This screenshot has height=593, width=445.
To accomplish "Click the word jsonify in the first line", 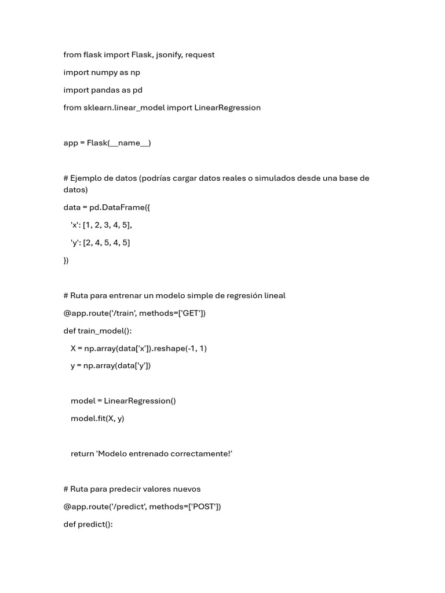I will (169, 54).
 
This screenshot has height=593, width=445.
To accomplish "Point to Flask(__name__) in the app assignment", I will (119, 143).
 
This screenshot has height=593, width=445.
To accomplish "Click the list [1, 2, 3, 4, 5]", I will (111, 225).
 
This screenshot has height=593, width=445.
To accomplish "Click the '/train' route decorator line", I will (134, 313).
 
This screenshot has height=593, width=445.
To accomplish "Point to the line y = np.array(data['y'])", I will (111, 365).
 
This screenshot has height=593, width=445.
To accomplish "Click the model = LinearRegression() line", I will (123, 401).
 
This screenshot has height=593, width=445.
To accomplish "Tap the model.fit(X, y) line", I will (97, 418).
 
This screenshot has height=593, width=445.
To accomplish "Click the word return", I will (82, 453).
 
